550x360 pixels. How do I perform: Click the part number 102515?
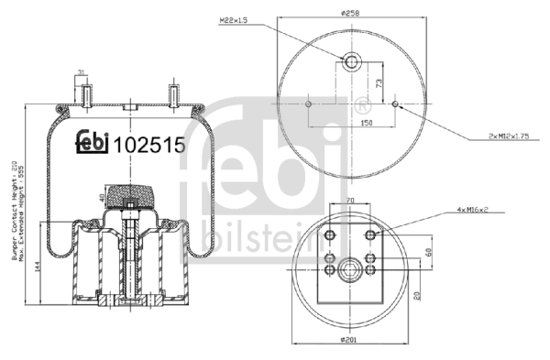tap(149, 144)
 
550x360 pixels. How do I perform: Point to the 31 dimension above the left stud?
tap(82, 73)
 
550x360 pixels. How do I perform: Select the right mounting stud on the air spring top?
tap(171, 95)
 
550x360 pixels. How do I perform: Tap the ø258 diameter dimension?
tap(354, 13)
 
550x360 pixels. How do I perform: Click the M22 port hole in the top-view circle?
tap(353, 62)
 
